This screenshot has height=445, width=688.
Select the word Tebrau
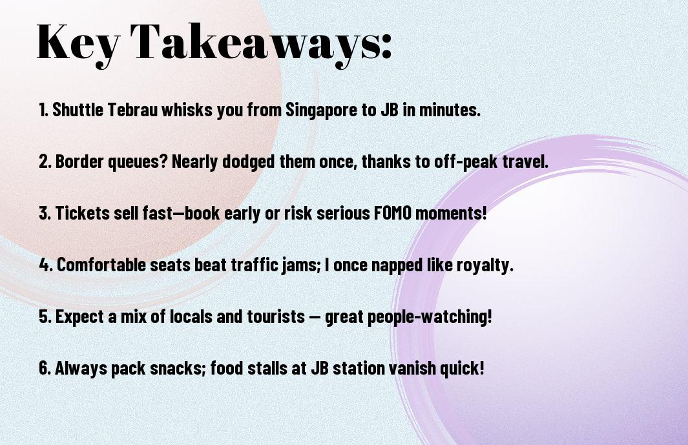(132, 109)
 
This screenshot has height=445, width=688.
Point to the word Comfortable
(101, 265)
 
